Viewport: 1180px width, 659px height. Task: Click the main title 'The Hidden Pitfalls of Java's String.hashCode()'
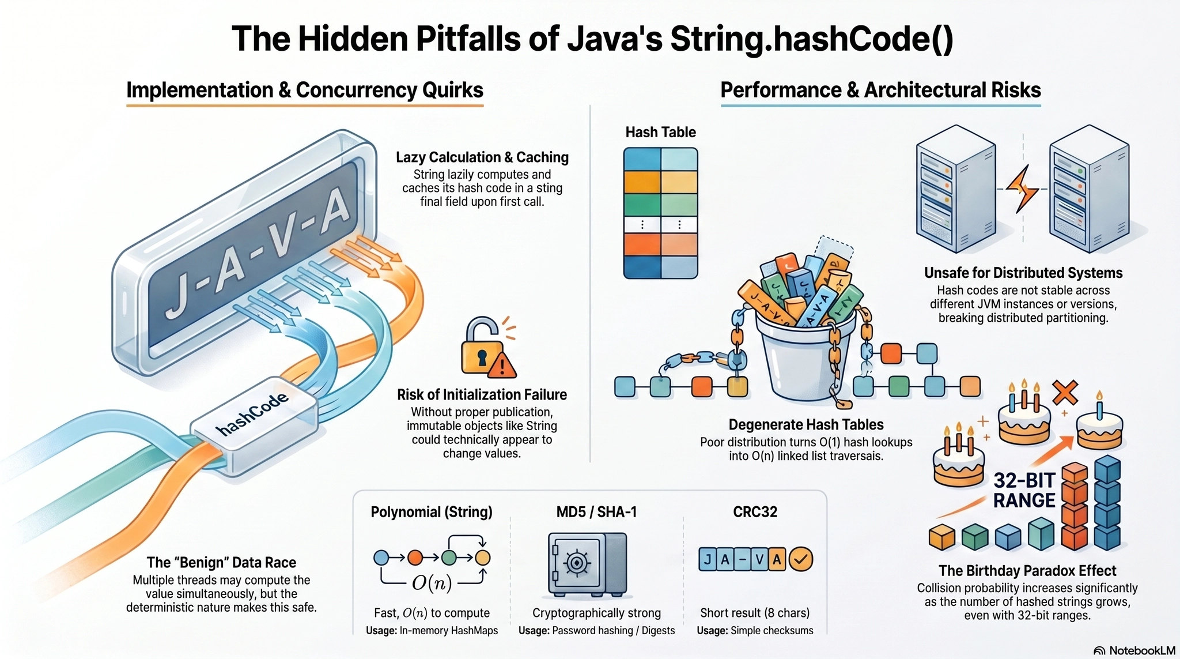point(592,39)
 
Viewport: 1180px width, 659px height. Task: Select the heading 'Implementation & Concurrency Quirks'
point(305,90)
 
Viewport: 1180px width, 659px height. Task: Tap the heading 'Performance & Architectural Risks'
point(880,90)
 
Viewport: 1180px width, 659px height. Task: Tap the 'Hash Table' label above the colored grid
point(660,132)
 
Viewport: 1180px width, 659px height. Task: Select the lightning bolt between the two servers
point(1022,189)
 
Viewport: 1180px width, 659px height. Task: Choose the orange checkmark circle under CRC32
point(800,559)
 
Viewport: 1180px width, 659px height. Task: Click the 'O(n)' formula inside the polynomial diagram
point(432,583)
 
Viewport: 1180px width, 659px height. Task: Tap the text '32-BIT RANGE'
point(1024,490)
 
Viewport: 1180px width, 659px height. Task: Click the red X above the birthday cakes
point(1065,393)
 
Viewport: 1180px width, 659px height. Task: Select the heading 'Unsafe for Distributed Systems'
point(1023,273)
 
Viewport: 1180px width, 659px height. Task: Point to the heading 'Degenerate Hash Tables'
point(805,425)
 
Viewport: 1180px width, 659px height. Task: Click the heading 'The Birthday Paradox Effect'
point(1027,571)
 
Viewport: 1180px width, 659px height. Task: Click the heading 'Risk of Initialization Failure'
point(482,395)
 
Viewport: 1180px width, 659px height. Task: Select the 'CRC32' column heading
point(755,512)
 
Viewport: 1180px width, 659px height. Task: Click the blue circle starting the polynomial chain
point(381,558)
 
